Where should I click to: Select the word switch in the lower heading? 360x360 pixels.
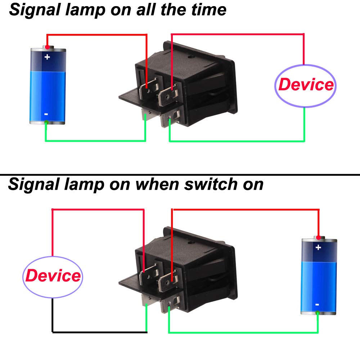coord(211,184)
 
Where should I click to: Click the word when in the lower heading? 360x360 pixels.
coord(157,185)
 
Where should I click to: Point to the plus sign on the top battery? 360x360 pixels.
coord(47,57)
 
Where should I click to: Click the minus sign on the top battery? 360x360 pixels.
coord(46,114)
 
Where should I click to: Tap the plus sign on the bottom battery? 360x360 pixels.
coord(318,247)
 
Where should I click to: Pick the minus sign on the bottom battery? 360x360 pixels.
coord(317,305)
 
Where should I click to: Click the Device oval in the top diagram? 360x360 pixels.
coord(305,86)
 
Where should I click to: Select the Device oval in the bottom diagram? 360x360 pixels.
coord(53,277)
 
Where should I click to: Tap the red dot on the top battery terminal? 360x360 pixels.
coord(47,47)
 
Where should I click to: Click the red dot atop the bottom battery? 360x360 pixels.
coord(318,237)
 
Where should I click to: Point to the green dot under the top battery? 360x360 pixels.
coord(46,122)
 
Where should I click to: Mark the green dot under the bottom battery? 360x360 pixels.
coord(318,313)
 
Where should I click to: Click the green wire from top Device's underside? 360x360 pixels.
coord(237,141)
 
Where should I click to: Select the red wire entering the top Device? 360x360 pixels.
coord(238,35)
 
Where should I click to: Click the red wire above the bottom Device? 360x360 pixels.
coord(98,210)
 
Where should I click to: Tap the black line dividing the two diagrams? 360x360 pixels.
coord(180,175)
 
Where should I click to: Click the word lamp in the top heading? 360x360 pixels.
coord(85,11)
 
